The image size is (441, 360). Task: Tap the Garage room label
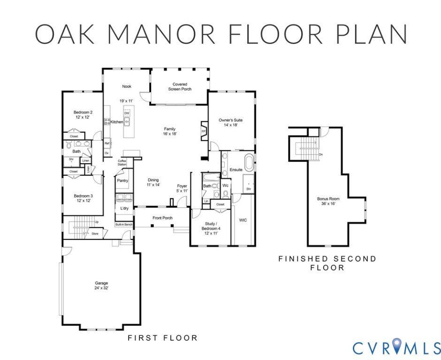click(101, 283)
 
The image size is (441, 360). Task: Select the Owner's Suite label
click(230, 120)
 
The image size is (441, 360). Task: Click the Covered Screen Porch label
click(180, 84)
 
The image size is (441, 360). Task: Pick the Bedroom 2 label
click(83, 112)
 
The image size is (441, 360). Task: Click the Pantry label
click(122, 180)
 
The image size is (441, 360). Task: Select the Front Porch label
click(162, 218)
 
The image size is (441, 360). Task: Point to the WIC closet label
click(243, 219)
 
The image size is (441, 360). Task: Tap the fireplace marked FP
click(204, 131)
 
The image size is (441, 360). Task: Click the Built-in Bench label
click(124, 225)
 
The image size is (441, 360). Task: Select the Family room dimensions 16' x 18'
click(170, 134)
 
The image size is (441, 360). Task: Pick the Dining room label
click(153, 180)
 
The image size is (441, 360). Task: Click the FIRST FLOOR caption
click(162, 337)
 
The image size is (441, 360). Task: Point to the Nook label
click(127, 86)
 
